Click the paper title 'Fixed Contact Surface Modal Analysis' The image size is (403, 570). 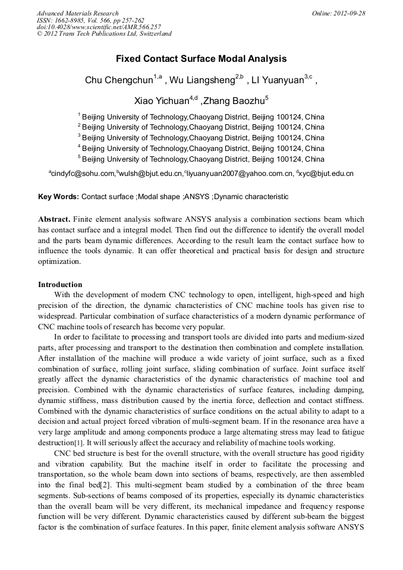coord(201,59)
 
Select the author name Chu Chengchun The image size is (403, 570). coord(119,80)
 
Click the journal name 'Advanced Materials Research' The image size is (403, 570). coord(77,13)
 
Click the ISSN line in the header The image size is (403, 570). coord(90,20)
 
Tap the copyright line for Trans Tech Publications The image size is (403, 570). coord(104,34)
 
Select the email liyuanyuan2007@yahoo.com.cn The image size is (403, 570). coord(241,174)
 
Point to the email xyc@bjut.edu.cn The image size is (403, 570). coord(329,174)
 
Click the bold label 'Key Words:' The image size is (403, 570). coord(58,196)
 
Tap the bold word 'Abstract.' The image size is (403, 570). coord(55,219)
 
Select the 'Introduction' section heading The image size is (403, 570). coord(60,284)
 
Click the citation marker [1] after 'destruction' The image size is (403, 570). coord(78,442)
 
